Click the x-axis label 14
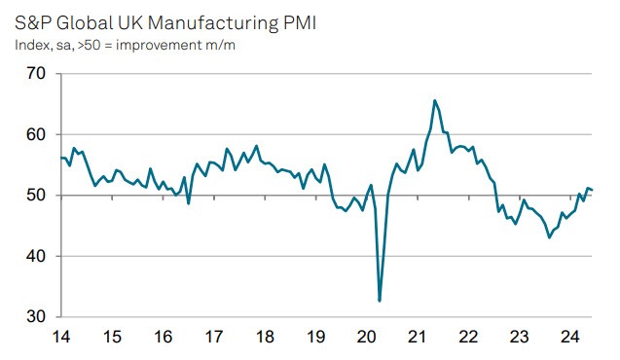tap(60, 338)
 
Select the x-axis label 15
tap(112, 338)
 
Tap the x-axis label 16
tap(163, 338)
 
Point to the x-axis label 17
tap(213, 338)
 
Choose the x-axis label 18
tap(265, 338)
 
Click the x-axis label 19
tap(315, 338)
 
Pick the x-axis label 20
tap(367, 338)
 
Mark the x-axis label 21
tap(418, 338)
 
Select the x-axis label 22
tap(468, 338)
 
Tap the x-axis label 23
tap(520, 338)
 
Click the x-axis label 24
tap(570, 338)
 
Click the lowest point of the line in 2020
tap(380, 301)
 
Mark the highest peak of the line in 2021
tap(434, 100)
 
